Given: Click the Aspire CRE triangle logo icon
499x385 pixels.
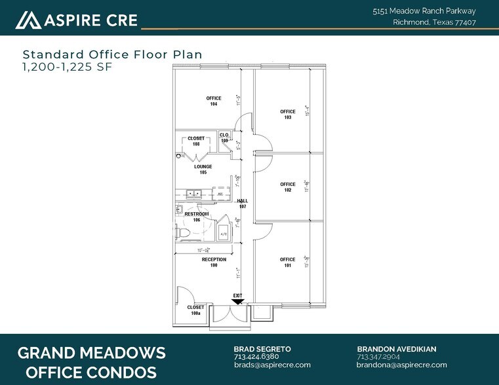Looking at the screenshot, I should coord(28,20).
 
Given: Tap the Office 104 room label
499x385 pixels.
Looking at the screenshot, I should coord(213,101).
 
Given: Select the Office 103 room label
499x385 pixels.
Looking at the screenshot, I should coord(287,114).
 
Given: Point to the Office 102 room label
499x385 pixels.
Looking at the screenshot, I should coord(287,187).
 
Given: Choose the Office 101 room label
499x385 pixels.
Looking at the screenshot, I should coord(287,263).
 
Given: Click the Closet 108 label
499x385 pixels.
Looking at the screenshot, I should coord(196,141).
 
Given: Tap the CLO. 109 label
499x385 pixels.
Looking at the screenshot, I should coord(224,137).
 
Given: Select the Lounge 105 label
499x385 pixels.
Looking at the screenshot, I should coord(203,170).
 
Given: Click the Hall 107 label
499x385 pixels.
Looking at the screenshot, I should coord(242,204).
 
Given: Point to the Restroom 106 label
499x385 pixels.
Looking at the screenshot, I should coord(196,217).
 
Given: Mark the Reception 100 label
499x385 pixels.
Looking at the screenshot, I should coord(214,263).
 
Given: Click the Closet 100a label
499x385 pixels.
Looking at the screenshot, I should coord(195,310).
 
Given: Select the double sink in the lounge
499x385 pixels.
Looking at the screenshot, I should coord(193,194).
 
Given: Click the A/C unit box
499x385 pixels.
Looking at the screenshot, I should coord(223,232).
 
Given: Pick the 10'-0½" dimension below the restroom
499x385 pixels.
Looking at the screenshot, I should coord(203,250).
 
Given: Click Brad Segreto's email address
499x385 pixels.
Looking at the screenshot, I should coord(264,365).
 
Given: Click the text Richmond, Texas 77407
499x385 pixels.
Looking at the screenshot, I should coord(434,22).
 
